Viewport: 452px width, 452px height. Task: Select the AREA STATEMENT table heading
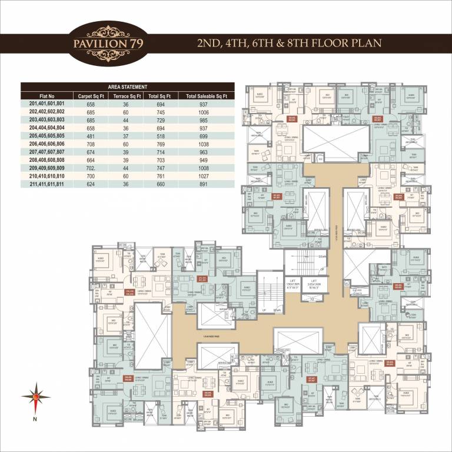pyautogui.click(x=127, y=87)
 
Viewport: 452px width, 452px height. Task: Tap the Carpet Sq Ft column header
pyautogui.click(x=90, y=95)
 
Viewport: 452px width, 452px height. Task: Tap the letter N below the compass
pyautogui.click(x=35, y=419)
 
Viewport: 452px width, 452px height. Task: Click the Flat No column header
pyautogui.click(x=47, y=95)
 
